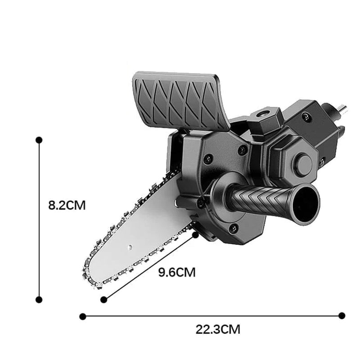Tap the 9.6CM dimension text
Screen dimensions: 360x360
tap(177, 272)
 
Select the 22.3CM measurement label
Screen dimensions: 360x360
tap(218, 329)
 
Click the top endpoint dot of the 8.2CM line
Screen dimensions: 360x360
tap(39, 140)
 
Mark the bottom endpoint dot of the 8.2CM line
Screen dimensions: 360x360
tap(39, 299)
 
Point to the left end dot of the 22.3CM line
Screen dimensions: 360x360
tap(82, 316)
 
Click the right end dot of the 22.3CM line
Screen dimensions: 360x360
tap(342, 316)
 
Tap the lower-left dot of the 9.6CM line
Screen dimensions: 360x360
tap(104, 299)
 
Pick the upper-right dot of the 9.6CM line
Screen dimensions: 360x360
tap(195, 234)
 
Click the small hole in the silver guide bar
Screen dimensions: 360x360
tap(130, 247)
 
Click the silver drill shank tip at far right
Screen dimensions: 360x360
tap(343, 108)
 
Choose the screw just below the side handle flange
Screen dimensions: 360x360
tap(233, 228)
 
